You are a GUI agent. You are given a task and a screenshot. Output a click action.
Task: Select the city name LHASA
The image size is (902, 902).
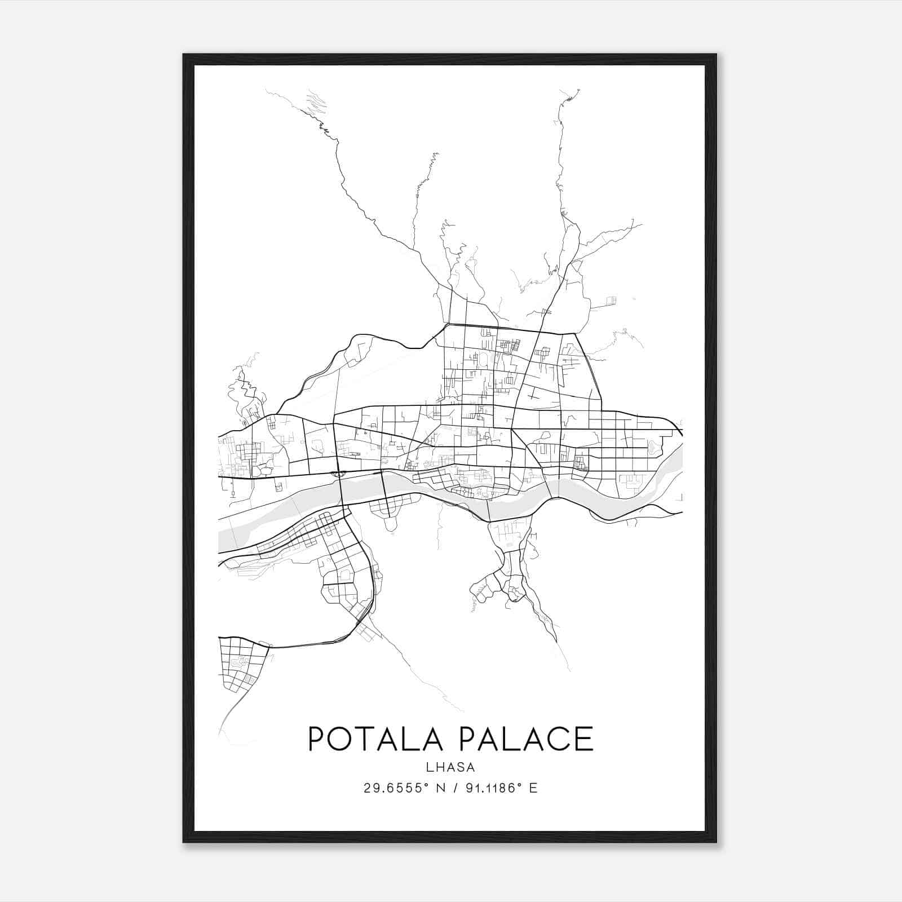[x=451, y=767]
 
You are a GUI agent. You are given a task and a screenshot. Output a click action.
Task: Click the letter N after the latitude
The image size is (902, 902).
[x=441, y=788]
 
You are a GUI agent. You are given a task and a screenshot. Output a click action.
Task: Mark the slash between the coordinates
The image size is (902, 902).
[x=454, y=788]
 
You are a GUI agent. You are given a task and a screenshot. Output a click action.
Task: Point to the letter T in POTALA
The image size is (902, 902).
[x=366, y=739]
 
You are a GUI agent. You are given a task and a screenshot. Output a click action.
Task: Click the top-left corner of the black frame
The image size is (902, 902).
[x=184, y=55]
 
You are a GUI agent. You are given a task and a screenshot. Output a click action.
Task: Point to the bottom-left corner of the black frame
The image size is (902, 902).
[x=184, y=842]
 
